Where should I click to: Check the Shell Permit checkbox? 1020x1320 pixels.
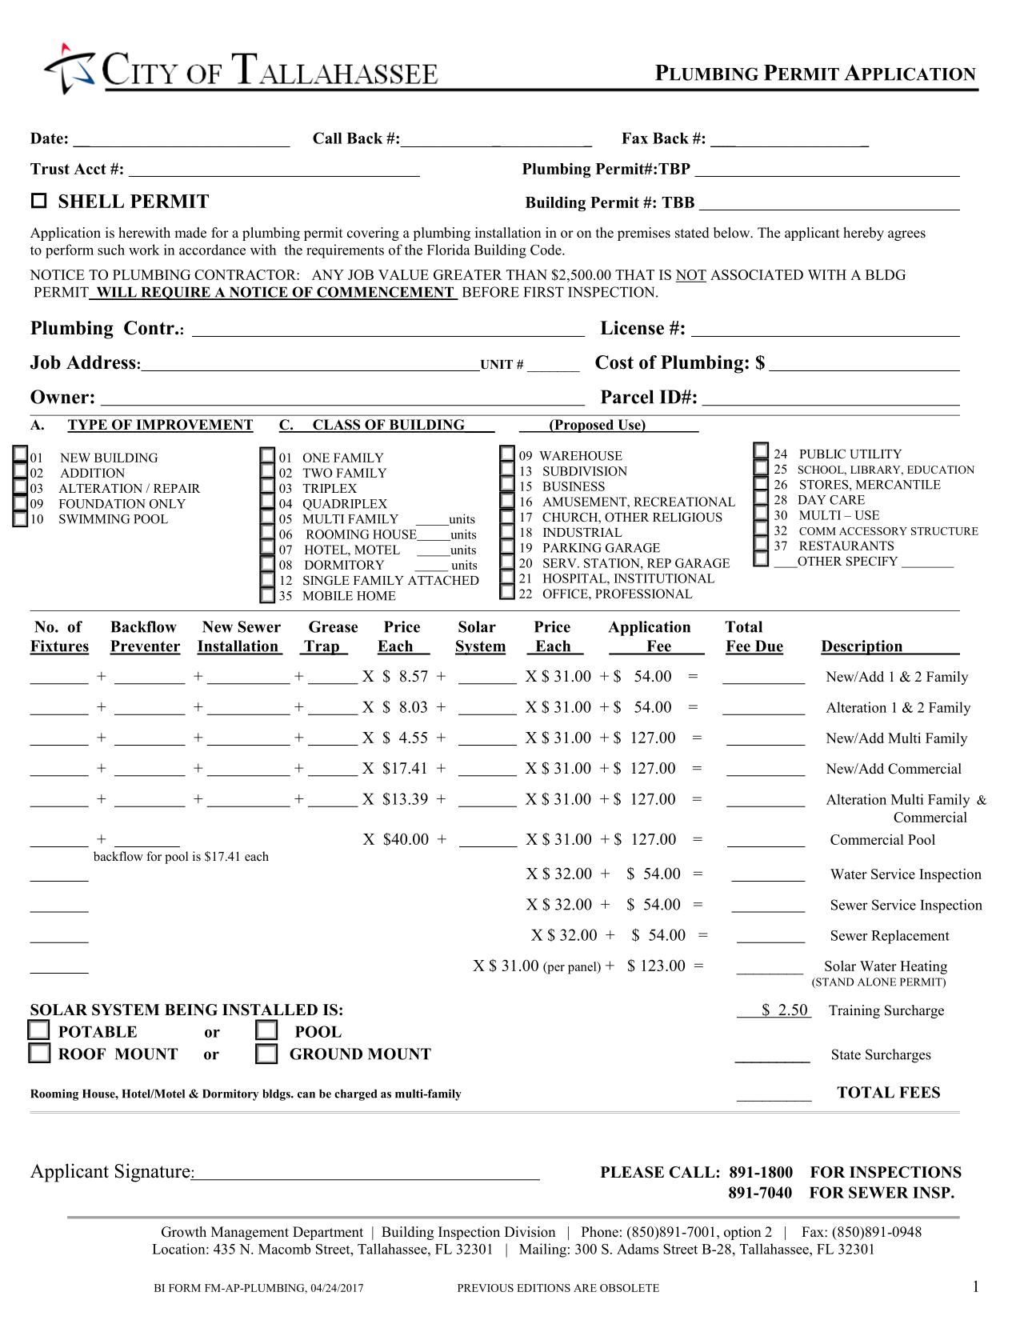pyautogui.click(x=38, y=202)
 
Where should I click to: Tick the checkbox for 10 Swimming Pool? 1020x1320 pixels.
pyautogui.click(x=20, y=519)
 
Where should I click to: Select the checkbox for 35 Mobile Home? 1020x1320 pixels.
pyautogui.click(x=267, y=595)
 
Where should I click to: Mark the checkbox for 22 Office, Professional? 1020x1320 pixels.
pyautogui.click(x=506, y=593)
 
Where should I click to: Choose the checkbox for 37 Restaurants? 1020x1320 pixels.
pyautogui.click(x=762, y=545)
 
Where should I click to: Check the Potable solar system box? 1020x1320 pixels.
pyautogui.click(x=39, y=1030)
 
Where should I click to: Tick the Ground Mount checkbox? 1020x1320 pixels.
pyautogui.click(x=266, y=1054)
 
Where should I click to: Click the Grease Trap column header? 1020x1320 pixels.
pyautogui.click(x=332, y=637)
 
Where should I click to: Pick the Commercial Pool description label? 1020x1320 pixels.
pyautogui.click(x=882, y=840)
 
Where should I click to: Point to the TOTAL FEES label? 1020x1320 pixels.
pyautogui.click(x=888, y=1093)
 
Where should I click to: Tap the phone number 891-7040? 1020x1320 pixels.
pyautogui.click(x=759, y=1193)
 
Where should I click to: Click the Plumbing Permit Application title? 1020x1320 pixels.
pyautogui.click(x=815, y=74)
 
